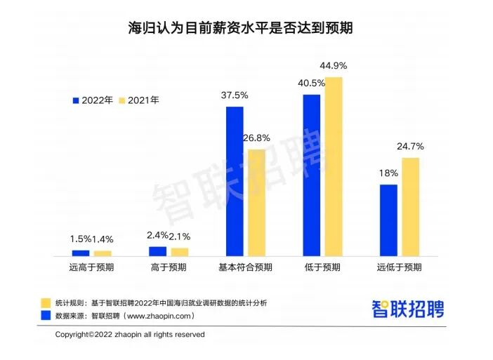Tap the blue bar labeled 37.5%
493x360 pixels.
tap(235, 181)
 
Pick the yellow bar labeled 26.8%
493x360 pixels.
tap(257, 202)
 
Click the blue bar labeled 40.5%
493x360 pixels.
tap(312, 175)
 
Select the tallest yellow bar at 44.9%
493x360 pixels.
tap(334, 166)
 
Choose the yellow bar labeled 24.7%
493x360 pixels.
tap(411, 206)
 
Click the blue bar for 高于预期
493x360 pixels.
tap(157, 251)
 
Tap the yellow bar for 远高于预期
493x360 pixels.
tap(103, 253)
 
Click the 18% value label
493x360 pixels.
tap(388, 173)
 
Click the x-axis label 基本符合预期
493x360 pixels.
tap(245, 267)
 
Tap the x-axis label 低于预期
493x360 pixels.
tap(322, 267)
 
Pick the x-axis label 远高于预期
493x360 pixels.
tap(92, 267)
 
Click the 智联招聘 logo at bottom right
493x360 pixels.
tap(408, 309)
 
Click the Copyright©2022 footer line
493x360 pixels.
tap(130, 335)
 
